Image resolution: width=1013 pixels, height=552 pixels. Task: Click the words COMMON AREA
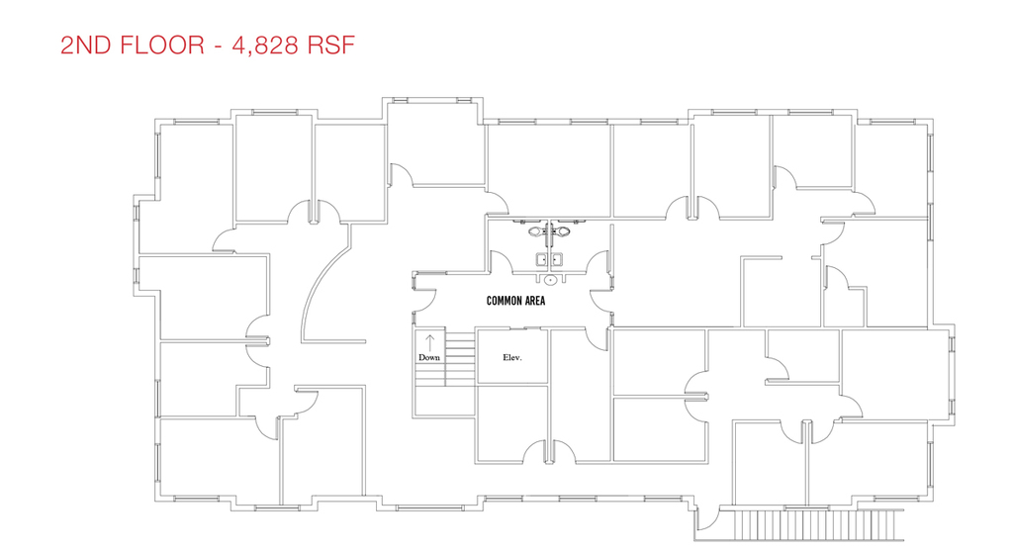pyautogui.click(x=515, y=301)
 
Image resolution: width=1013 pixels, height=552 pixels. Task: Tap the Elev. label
pyautogui.click(x=512, y=357)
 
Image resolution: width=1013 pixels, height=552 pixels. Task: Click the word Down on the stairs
pyautogui.click(x=429, y=357)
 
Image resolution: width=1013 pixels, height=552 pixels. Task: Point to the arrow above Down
pyautogui.click(x=429, y=342)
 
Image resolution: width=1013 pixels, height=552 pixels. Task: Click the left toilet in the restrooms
pyautogui.click(x=535, y=230)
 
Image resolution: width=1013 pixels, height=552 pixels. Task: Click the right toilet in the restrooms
pyautogui.click(x=563, y=230)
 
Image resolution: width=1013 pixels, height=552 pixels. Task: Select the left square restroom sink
pyautogui.click(x=541, y=259)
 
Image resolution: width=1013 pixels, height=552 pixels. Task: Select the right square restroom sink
pyautogui.click(x=556, y=259)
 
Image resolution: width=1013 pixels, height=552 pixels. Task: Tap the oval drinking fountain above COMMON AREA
pyautogui.click(x=550, y=280)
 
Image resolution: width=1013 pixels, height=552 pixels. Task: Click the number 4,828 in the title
pyautogui.click(x=265, y=46)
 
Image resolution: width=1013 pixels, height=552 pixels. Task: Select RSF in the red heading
pyautogui.click(x=330, y=46)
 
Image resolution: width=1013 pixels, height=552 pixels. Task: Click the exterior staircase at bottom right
pyautogui.click(x=818, y=525)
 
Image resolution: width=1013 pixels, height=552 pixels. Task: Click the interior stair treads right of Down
pyautogui.click(x=461, y=359)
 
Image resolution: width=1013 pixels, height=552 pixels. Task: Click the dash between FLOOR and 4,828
pyautogui.click(x=218, y=46)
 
